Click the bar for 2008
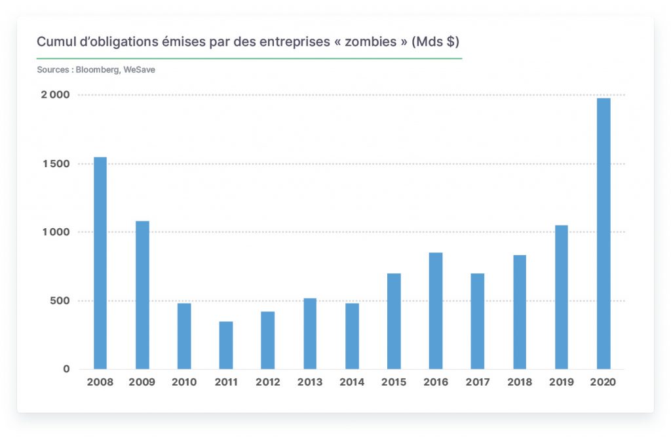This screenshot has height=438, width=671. (x=100, y=263)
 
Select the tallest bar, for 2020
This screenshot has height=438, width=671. (x=604, y=234)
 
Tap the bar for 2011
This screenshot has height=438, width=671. (x=226, y=345)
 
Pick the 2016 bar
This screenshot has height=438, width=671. (x=436, y=311)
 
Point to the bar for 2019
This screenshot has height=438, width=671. (x=562, y=297)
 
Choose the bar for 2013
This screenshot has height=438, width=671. (x=310, y=334)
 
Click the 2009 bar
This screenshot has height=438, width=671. (x=142, y=295)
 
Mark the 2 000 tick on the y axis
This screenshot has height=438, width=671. (x=55, y=94)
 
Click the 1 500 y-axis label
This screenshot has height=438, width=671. (x=56, y=164)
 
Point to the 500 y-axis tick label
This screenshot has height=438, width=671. (x=60, y=300)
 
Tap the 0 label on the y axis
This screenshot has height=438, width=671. (x=66, y=369)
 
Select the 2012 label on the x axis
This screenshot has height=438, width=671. (x=268, y=382)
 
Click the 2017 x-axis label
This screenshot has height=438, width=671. (x=478, y=382)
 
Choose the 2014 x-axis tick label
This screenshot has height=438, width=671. (x=352, y=382)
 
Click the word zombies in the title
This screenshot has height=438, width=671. (x=371, y=41)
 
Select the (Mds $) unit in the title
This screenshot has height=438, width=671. (x=435, y=41)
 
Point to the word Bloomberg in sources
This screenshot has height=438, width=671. (x=97, y=70)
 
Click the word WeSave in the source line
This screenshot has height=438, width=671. (x=139, y=70)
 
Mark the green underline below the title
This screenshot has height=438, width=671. (x=250, y=58)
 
